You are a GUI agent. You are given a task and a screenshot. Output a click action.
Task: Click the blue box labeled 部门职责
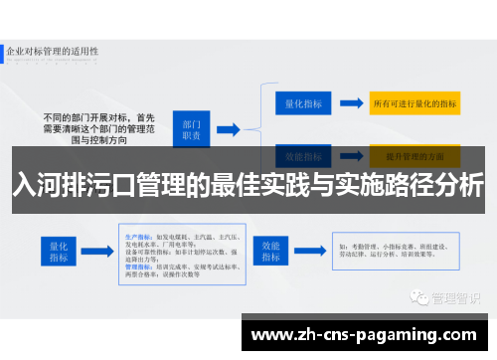pyautogui.click(x=193, y=128)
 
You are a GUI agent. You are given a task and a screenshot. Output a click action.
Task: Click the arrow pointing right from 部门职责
pyautogui.click(x=229, y=128)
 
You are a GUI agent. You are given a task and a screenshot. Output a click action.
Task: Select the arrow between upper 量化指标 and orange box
pyautogui.click(x=350, y=101)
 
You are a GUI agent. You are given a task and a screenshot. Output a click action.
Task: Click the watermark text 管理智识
pyautogui.click(x=453, y=269)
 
